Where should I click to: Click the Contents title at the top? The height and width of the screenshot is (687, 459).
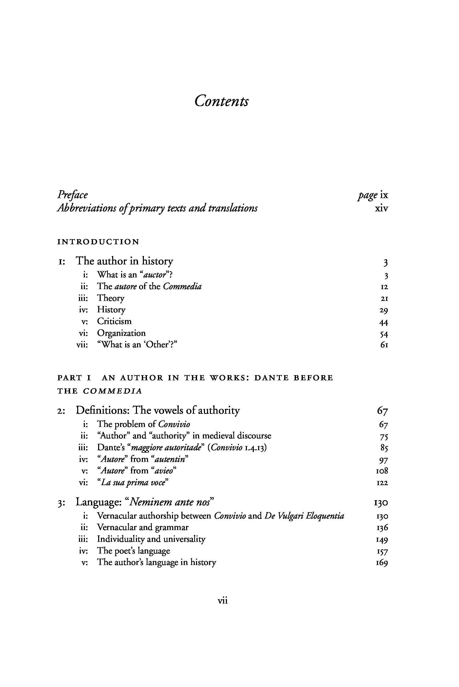[222, 101]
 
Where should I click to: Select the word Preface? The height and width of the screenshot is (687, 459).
[72, 195]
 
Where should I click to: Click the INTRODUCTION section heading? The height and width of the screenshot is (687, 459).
[98, 242]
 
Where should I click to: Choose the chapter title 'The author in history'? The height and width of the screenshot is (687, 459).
[124, 261]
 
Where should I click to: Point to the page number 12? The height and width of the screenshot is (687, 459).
[384, 287]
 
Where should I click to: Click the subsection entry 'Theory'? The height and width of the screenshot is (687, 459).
[111, 298]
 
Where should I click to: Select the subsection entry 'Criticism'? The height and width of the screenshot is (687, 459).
[114, 322]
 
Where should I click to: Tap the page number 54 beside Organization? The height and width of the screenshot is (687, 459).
[384, 334]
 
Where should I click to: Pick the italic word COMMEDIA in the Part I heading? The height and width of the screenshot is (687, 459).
[113, 391]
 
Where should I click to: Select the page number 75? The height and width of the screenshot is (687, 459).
[384, 437]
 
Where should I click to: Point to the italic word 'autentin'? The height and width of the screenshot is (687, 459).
[170, 459]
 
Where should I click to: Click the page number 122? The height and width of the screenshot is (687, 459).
[382, 483]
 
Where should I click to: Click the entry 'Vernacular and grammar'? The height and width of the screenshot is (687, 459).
[143, 527]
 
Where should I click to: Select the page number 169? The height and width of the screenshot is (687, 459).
[382, 562]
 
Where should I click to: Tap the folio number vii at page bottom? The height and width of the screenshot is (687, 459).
[223, 601]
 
